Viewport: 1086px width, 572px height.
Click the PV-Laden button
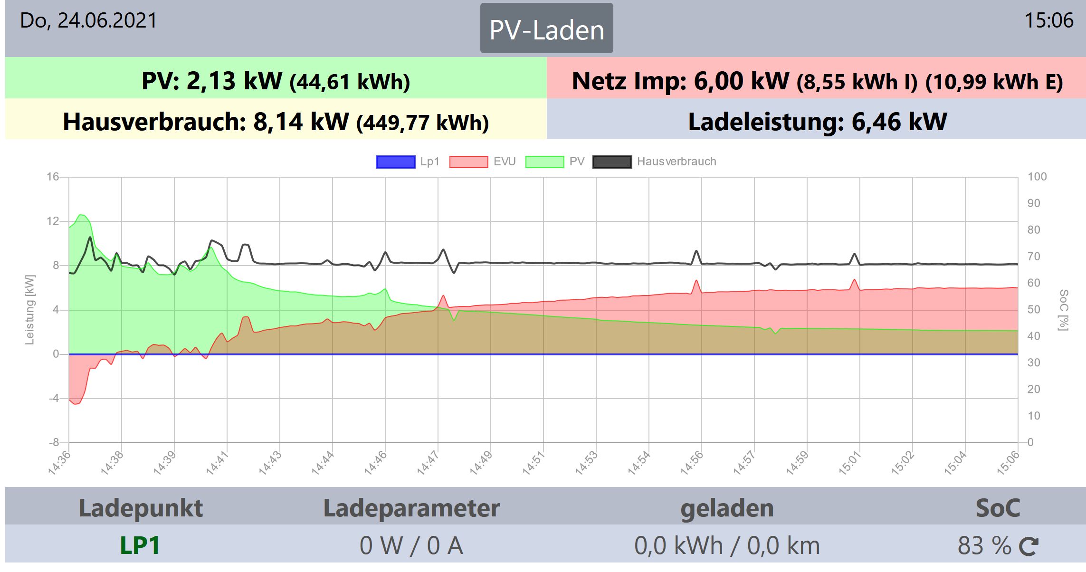click(546, 29)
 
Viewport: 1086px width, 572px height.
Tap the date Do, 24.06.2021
click(88, 21)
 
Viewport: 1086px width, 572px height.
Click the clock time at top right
click(1048, 21)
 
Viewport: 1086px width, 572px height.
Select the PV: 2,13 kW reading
click(276, 81)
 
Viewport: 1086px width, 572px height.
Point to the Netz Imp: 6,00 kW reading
click(817, 81)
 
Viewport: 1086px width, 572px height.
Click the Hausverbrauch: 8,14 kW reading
click(276, 122)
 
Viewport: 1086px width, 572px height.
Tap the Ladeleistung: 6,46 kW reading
click(817, 122)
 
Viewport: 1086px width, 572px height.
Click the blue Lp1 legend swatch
click(395, 162)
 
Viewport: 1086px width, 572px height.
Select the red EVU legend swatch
click(468, 162)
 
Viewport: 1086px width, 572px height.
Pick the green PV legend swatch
click(544, 162)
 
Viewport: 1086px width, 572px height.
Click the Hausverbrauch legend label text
click(676, 162)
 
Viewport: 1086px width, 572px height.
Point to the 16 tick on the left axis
click(53, 177)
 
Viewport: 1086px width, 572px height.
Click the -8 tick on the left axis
click(54, 442)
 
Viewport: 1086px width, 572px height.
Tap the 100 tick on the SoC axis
click(1037, 177)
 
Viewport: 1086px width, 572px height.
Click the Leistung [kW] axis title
click(30, 309)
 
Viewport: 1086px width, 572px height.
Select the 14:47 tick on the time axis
click(428, 462)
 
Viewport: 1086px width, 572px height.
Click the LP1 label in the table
click(140, 545)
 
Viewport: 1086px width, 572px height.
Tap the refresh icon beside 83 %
click(1029, 546)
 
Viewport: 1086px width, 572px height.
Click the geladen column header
click(727, 508)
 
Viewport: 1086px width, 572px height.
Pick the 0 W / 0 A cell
click(411, 545)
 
